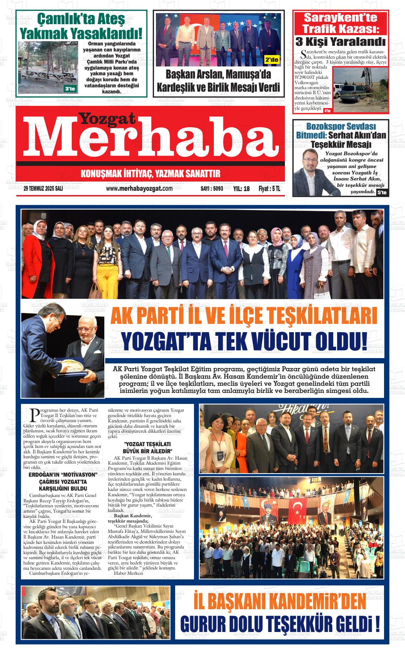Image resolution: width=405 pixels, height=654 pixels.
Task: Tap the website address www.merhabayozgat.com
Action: (x=139, y=189)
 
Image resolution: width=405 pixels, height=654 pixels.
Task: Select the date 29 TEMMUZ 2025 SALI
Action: (x=43, y=189)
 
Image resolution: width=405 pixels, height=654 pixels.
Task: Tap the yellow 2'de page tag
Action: (x=272, y=60)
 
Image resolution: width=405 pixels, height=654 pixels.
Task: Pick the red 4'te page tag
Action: (x=327, y=111)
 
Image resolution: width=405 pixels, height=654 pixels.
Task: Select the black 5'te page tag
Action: (x=382, y=193)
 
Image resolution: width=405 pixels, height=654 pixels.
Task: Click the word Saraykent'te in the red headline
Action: (x=341, y=17)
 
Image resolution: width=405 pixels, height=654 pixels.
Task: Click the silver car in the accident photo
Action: (x=359, y=93)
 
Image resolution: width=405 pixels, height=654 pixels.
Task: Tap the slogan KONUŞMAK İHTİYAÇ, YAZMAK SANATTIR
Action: (x=151, y=174)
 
